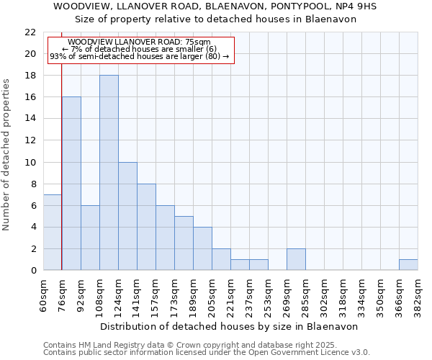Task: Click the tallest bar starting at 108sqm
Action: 109,173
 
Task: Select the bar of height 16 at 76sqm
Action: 71,184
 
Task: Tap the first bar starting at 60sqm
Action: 53,232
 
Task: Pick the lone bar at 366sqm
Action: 408,264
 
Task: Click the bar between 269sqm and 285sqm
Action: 296,259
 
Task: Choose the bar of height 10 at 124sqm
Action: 127,216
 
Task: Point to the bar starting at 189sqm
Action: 202,248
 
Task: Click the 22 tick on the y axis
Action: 30,32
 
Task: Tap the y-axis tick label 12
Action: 30,140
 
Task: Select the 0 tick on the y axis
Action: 33,271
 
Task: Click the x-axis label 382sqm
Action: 418,296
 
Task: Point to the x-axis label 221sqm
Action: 231,296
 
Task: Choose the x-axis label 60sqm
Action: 44,296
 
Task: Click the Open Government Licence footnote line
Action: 207,352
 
